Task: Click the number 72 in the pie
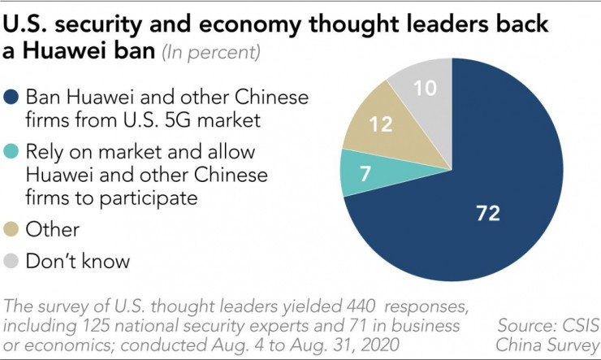pos(487,214)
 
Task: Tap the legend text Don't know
pos(76,262)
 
